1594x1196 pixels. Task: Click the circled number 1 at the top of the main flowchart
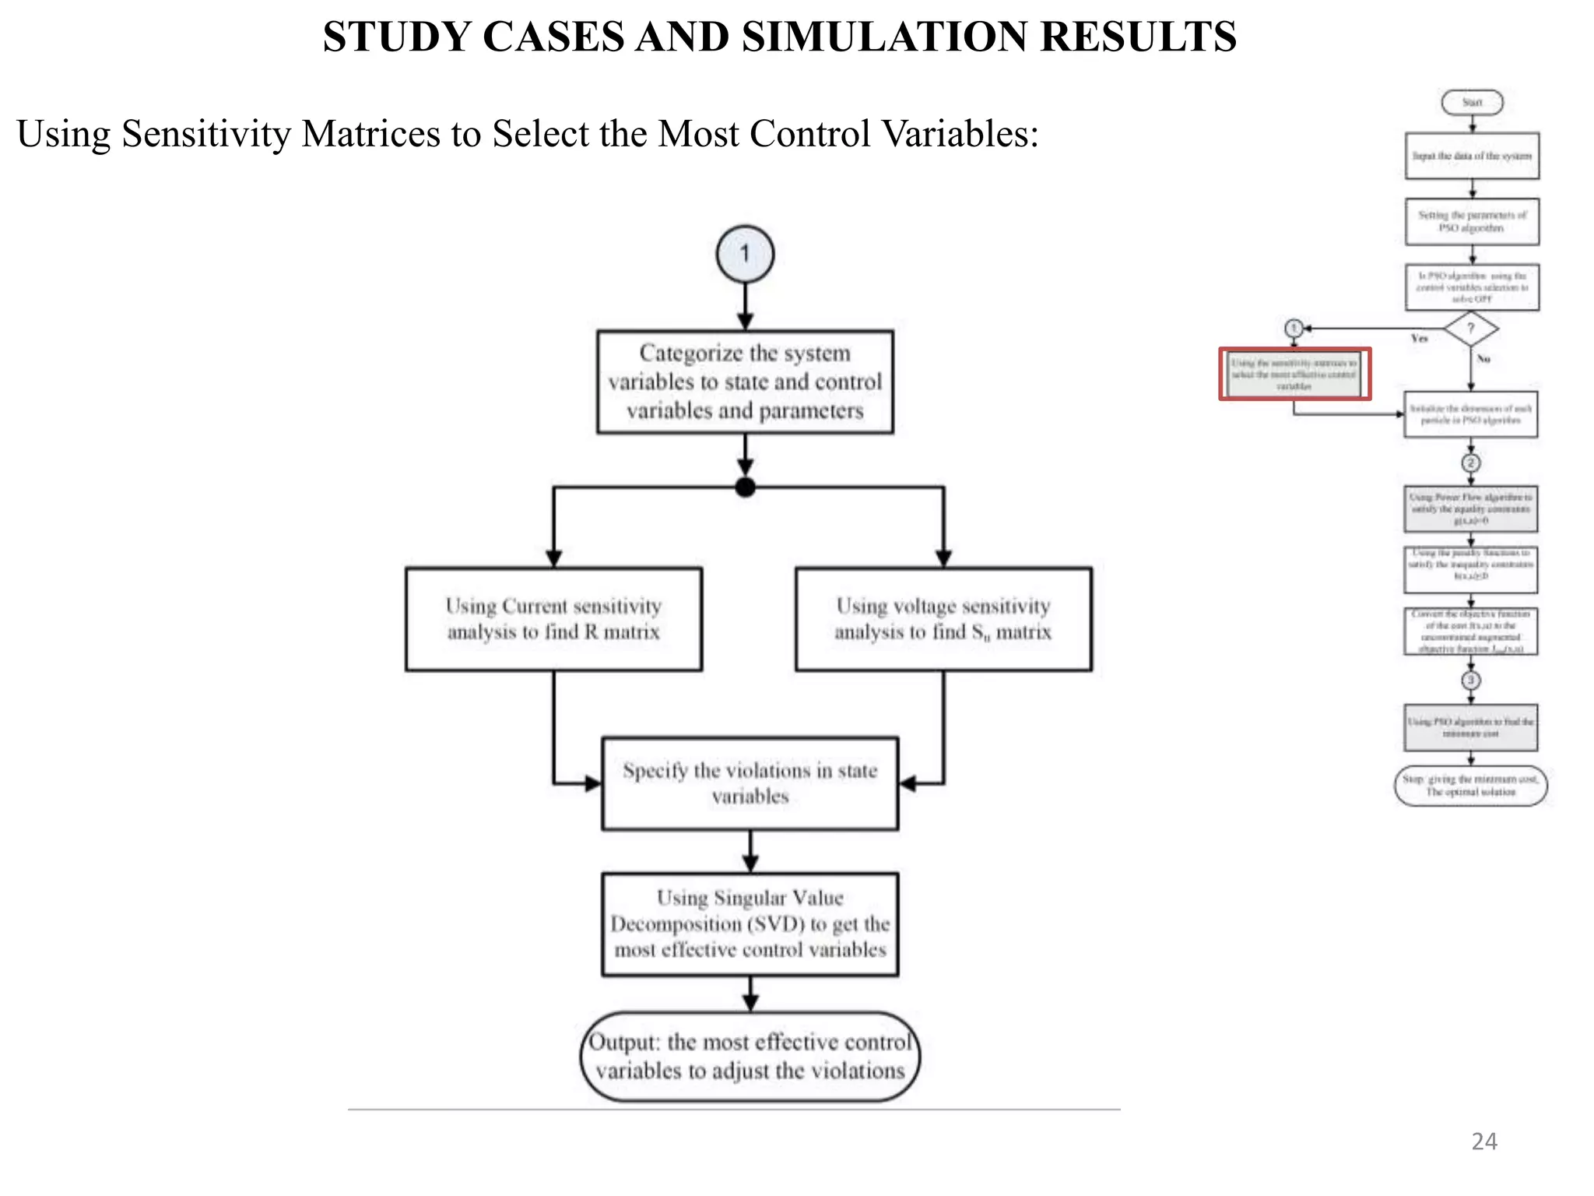[x=745, y=254]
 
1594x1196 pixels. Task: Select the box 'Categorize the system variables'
[x=745, y=382]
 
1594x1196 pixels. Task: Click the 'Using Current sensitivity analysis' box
[x=553, y=619]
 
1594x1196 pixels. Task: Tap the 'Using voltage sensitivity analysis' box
[x=943, y=619]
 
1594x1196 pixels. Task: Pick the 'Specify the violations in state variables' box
[x=750, y=783]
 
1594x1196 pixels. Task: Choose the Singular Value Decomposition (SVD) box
[x=750, y=924]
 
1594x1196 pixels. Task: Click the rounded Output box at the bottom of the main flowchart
[x=750, y=1057]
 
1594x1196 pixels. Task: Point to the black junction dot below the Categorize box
[x=745, y=487]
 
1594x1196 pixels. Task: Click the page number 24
[x=1483, y=1141]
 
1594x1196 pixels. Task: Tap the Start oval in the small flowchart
[x=1471, y=102]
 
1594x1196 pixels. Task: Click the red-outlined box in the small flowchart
[x=1294, y=375]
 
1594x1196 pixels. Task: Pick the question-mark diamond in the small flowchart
[x=1470, y=329]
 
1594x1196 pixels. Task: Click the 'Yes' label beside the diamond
[x=1419, y=339]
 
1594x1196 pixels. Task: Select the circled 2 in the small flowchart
[x=1470, y=463]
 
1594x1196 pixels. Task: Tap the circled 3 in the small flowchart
[x=1470, y=680]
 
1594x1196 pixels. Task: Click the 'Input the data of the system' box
[x=1471, y=156]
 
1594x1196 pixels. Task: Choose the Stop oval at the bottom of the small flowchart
[x=1470, y=786]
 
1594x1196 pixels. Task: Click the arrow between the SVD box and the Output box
[x=750, y=994]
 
